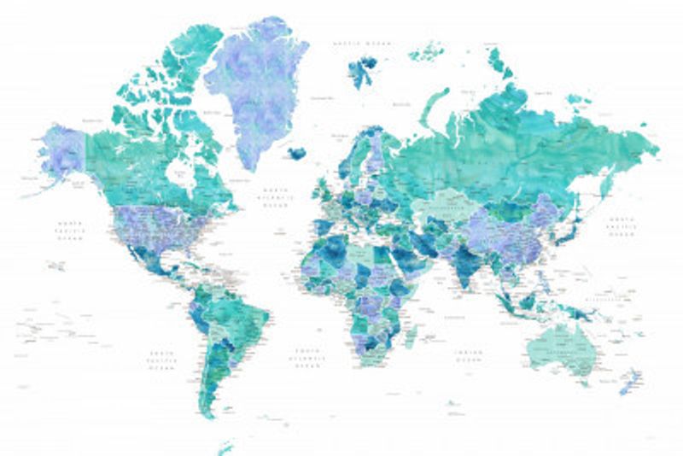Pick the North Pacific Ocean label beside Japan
tap(621, 226)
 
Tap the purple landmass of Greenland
tap(256, 85)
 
